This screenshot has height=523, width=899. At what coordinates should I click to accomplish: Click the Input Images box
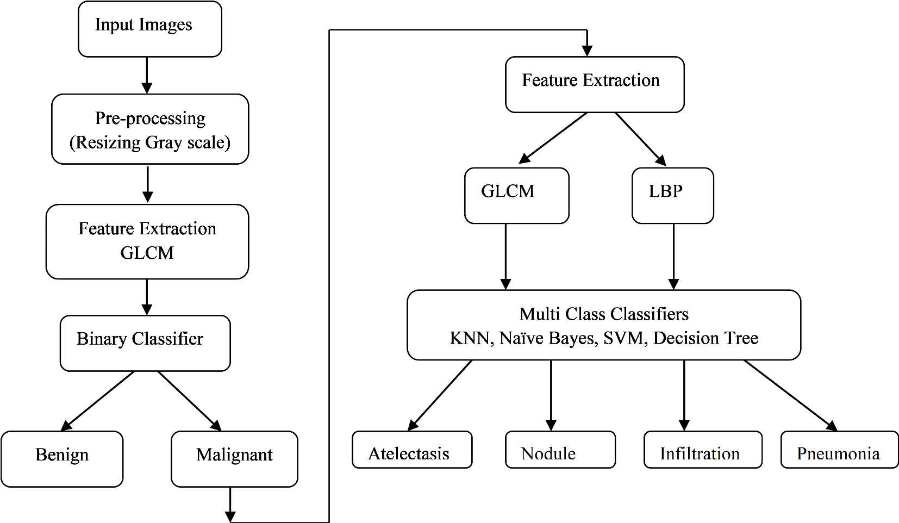[149, 29]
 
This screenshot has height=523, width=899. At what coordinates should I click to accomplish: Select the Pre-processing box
[150, 129]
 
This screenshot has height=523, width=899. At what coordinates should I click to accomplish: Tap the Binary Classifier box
[145, 343]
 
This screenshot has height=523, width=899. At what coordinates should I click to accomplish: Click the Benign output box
[62, 459]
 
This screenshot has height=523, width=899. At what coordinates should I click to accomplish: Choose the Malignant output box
[234, 459]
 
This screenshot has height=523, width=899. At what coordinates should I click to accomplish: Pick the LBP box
[672, 195]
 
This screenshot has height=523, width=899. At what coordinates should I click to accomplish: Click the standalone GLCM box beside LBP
[516, 195]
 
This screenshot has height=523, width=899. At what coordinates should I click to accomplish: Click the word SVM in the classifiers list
[623, 338]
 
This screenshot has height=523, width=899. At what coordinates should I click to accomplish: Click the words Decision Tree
[706, 338]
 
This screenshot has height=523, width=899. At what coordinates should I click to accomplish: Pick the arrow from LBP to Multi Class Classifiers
[673, 256]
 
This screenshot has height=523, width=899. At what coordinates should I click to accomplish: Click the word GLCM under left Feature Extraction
[147, 253]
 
